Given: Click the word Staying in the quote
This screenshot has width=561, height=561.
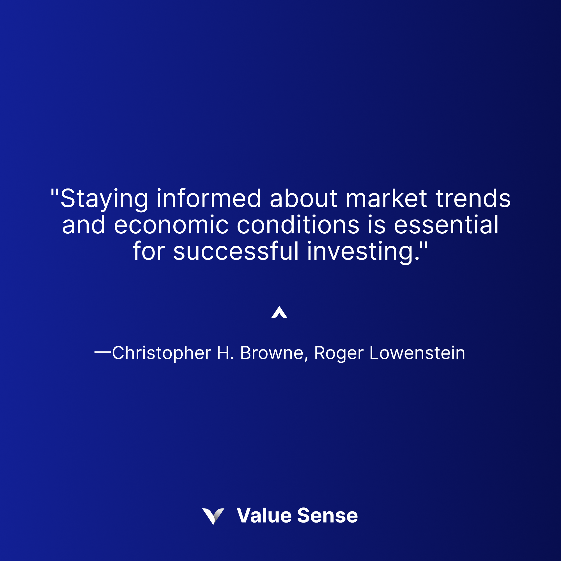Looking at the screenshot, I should tap(104, 199).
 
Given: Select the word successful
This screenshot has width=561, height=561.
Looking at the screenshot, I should tap(236, 251).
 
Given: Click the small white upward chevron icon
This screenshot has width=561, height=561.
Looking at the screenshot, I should tap(279, 313).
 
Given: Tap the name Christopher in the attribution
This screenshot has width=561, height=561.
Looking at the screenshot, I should tap(162, 353).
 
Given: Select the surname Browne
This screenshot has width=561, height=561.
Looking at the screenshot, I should tap(272, 353).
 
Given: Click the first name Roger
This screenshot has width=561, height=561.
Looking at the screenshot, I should tap(339, 353).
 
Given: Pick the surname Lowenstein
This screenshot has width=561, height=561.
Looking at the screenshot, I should tap(417, 353).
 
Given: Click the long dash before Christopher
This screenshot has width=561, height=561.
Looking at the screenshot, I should tap(103, 352).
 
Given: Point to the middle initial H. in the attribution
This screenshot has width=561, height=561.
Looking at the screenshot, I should tap(225, 353).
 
